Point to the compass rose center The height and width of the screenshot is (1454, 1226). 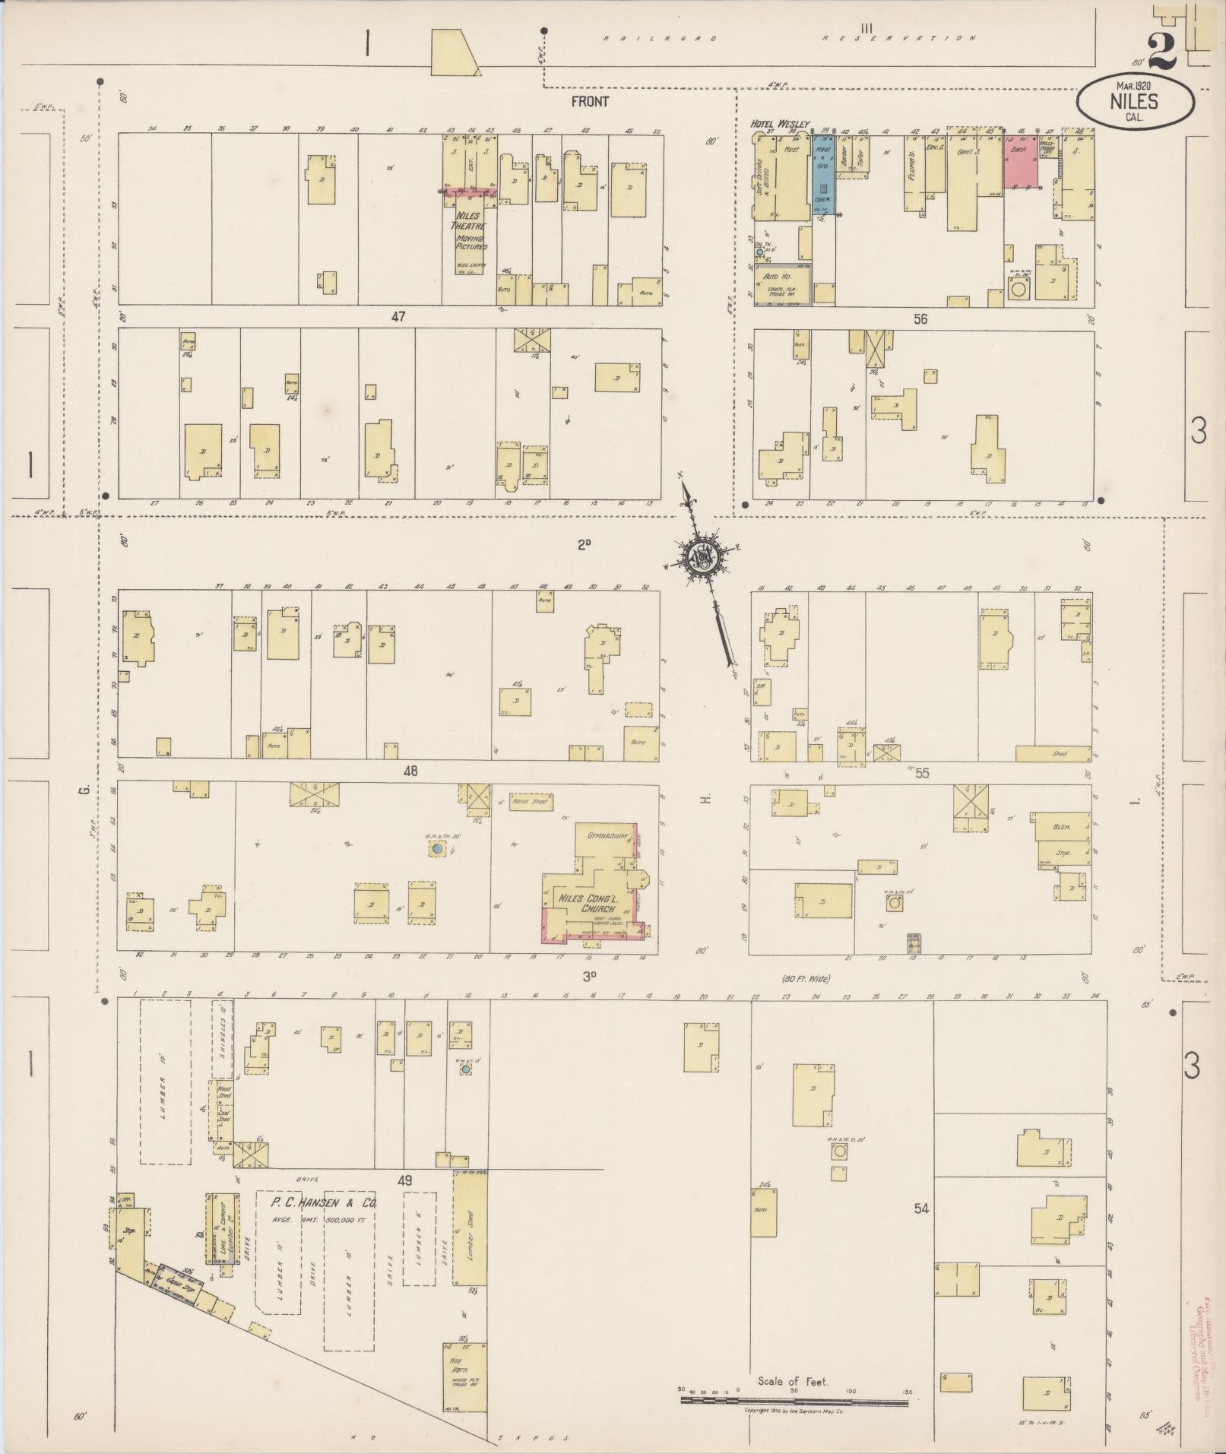click(x=702, y=559)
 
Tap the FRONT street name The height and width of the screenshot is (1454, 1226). click(x=591, y=100)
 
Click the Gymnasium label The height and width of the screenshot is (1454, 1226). click(x=606, y=835)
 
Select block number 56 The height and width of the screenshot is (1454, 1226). click(x=921, y=319)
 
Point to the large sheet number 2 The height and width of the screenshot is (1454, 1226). click(x=1161, y=51)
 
